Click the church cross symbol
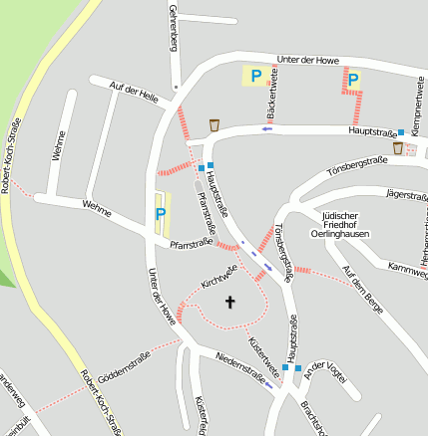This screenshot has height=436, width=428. coord(230,301)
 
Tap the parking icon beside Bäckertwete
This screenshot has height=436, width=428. coord(255,76)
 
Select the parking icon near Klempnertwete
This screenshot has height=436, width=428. coord(352,79)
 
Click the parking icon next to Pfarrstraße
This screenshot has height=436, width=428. coord(160,214)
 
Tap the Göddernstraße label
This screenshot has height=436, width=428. coord(125,363)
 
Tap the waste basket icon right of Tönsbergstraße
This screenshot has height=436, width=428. coord(399,148)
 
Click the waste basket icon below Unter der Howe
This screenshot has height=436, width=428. coord(214,124)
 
